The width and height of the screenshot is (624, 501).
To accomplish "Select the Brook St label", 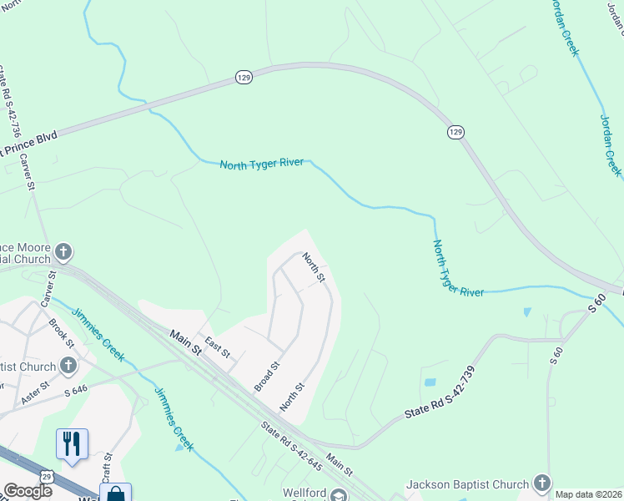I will click(x=61, y=332).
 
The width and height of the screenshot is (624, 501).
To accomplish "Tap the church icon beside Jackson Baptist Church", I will click(x=542, y=483).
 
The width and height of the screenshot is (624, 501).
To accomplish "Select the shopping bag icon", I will click(x=115, y=493).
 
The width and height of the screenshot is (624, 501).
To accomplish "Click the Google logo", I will click(x=27, y=491).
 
